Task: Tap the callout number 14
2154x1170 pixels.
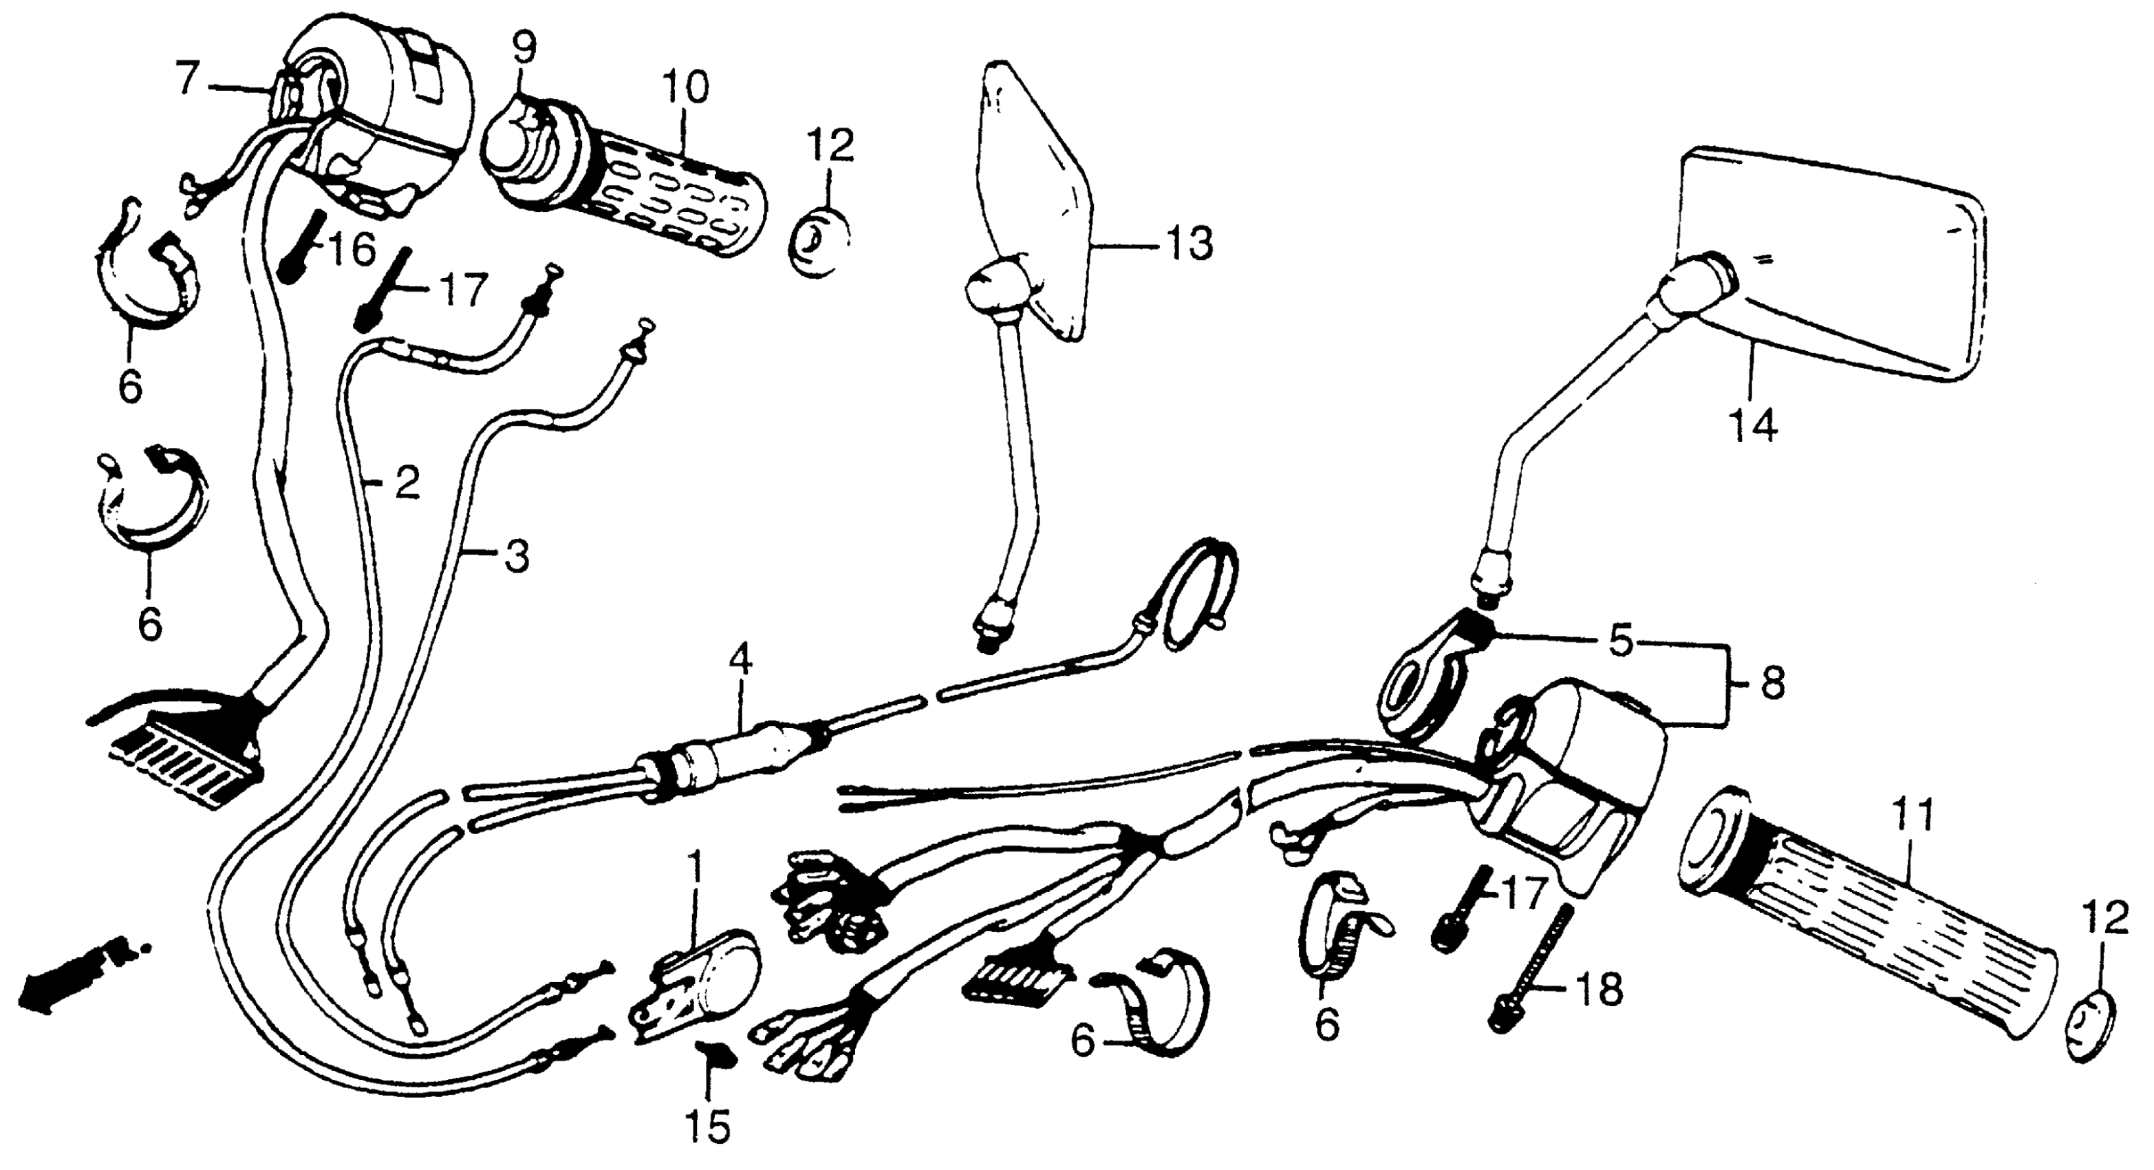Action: pos(1754,427)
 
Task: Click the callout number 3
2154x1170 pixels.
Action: pos(516,556)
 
